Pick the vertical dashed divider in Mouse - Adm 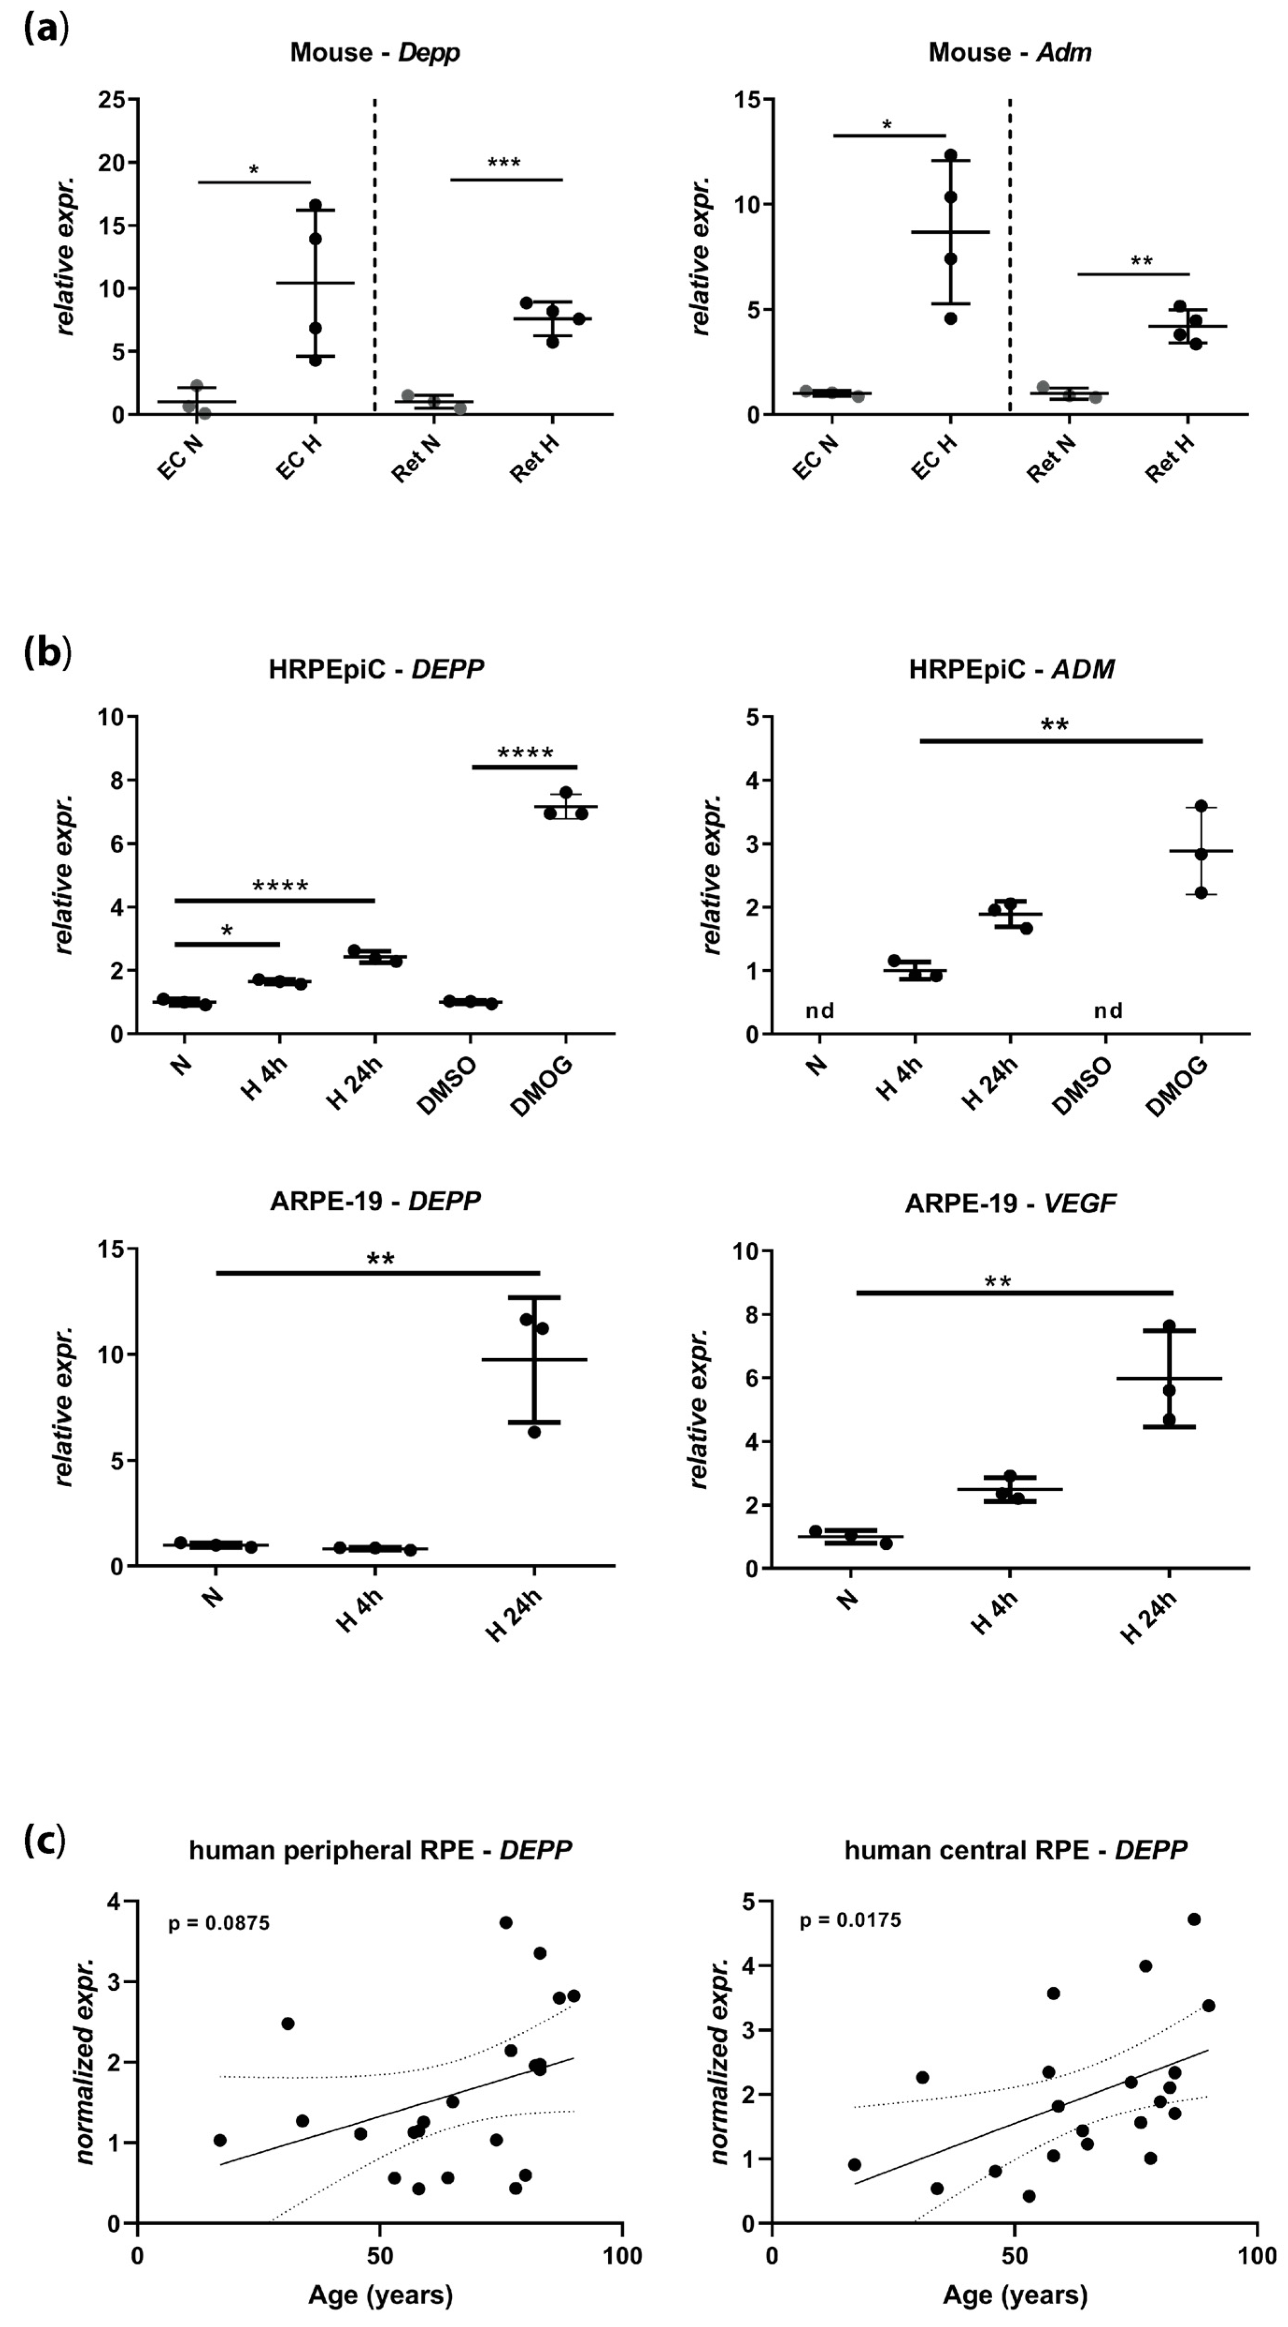coord(1010,253)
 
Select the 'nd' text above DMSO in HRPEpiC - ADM coord(1108,1010)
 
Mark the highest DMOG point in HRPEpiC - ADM coord(1201,806)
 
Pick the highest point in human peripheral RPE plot coord(506,1923)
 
